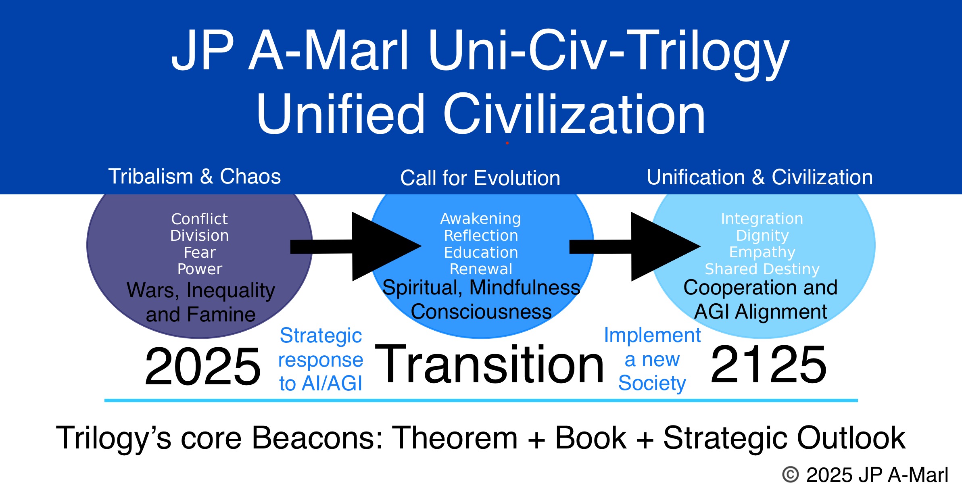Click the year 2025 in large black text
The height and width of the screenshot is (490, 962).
click(x=203, y=366)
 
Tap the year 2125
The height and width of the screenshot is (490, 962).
click(x=768, y=365)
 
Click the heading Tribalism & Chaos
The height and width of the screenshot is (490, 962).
click(x=194, y=177)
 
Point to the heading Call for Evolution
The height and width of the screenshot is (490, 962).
click(x=480, y=178)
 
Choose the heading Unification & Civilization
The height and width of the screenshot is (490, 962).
click(x=760, y=177)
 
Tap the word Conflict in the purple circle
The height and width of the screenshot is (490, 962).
click(x=199, y=219)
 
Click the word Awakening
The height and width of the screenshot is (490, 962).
click(x=480, y=219)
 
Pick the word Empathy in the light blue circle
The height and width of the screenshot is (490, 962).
click(x=762, y=252)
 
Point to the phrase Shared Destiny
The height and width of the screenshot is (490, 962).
click(x=762, y=269)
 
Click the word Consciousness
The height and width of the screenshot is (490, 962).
click(x=481, y=312)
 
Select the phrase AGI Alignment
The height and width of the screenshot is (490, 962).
click(x=760, y=312)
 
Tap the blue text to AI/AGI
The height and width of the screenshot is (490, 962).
click(x=321, y=383)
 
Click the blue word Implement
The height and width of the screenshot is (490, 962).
click(x=652, y=335)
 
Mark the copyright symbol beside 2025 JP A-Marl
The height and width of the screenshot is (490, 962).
click(x=790, y=475)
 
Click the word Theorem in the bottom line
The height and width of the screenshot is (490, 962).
click(x=455, y=438)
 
